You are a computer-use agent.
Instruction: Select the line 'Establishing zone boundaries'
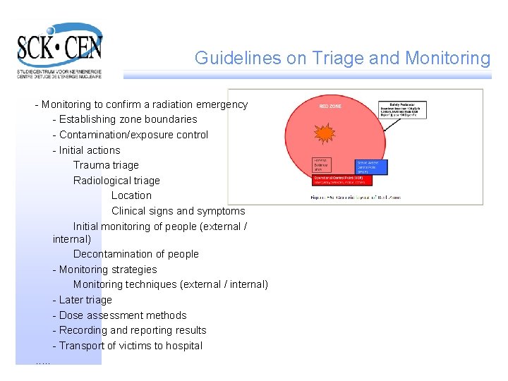(128, 119)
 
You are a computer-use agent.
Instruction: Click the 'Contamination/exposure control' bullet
(133, 135)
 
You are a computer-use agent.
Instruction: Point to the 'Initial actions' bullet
(90, 150)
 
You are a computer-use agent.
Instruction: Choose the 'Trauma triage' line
(106, 165)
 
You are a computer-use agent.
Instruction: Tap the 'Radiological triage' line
(116, 181)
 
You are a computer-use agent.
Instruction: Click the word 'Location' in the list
(131, 195)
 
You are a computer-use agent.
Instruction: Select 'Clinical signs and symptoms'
(178, 211)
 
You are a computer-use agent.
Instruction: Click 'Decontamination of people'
(136, 254)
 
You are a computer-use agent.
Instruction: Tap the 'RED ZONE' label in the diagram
(329, 107)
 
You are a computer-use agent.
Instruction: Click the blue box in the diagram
(371, 167)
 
